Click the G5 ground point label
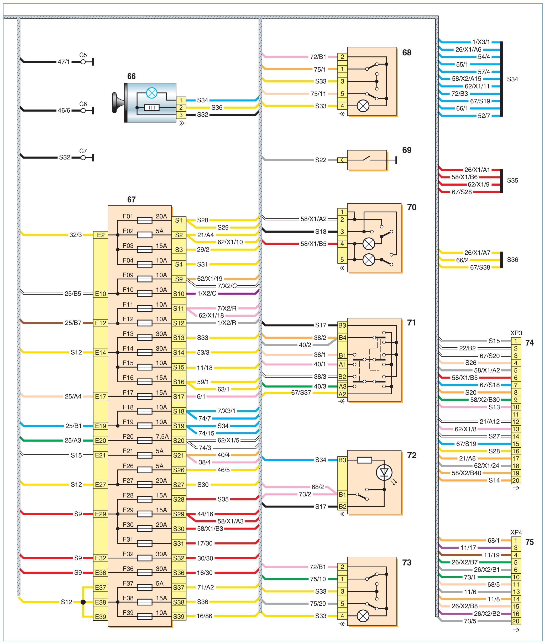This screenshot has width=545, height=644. point(83,55)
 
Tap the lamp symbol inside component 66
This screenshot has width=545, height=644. point(151,93)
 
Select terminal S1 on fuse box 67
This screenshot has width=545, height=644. point(179,220)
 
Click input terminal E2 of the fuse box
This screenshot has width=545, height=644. point(101,235)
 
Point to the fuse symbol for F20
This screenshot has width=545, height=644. point(144,440)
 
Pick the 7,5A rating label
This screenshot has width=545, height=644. point(162,436)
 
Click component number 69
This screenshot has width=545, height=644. point(407,150)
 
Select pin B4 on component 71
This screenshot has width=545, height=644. point(342,337)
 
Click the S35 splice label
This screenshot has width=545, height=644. point(512,180)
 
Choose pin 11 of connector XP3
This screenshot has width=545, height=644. point(516,414)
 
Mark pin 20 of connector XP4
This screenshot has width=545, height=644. point(516,621)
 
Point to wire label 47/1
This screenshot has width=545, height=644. point(64,62)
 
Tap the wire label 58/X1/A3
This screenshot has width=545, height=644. point(230,521)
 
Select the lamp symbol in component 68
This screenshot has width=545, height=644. point(363,106)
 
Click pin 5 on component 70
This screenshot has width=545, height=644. point(342,260)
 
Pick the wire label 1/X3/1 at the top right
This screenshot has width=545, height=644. point(481,42)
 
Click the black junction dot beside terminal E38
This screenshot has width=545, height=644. point(83,602)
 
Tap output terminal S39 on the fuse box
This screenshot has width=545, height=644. point(179,616)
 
